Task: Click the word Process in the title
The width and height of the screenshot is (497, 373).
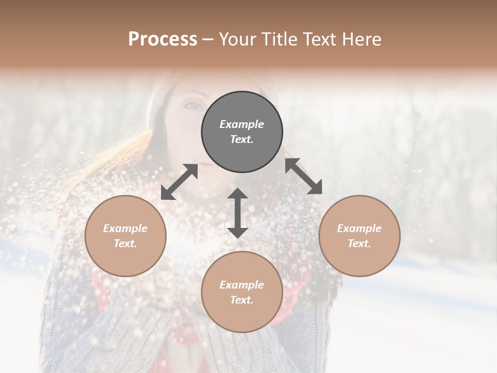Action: click(163, 39)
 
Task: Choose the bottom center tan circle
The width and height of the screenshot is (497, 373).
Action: click(242, 316)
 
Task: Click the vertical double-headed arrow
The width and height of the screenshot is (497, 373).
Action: click(238, 213)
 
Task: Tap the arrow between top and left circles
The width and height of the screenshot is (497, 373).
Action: click(179, 182)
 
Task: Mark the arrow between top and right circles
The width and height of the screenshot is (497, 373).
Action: click(304, 176)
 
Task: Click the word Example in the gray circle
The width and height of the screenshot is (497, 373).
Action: click(242, 124)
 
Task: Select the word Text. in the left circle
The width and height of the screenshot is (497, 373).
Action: click(125, 243)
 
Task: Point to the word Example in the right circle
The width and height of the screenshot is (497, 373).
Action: click(359, 228)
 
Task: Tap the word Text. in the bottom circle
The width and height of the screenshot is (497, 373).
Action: click(242, 300)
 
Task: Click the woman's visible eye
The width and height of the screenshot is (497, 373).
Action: click(193, 105)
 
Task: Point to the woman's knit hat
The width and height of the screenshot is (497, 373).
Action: click(160, 96)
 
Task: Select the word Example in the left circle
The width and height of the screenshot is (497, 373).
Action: click(125, 228)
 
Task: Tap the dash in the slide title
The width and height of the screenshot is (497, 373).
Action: click(208, 40)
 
